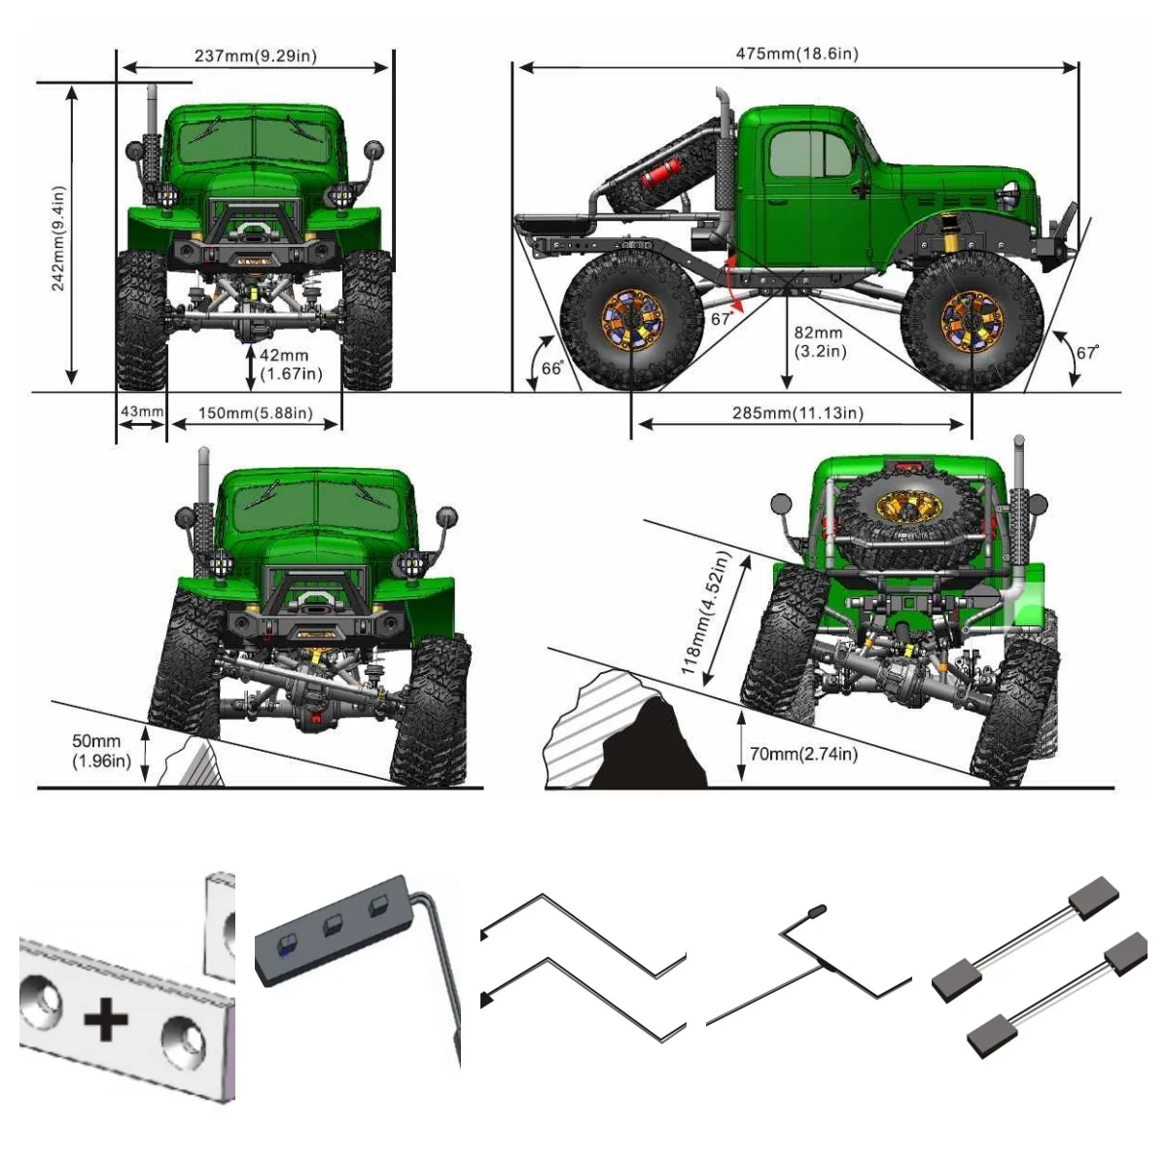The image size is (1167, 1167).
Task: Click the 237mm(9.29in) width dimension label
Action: [x=255, y=55]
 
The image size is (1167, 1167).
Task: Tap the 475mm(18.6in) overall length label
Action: [x=796, y=53]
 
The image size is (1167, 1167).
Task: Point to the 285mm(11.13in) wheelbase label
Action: [x=797, y=413]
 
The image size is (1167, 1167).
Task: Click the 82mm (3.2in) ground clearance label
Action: [x=818, y=341]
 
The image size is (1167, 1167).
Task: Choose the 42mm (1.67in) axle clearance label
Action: [x=291, y=365]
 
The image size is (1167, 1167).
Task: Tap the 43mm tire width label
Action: [x=142, y=411]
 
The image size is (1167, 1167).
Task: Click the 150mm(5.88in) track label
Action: [x=255, y=413]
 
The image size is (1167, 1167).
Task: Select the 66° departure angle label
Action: [x=551, y=369]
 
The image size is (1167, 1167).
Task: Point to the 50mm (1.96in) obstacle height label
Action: [x=100, y=751]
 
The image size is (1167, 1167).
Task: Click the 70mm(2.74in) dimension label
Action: [x=803, y=753]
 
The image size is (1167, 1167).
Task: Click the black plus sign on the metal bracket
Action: [x=105, y=1020]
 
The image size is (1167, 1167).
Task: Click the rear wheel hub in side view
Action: [x=631, y=319]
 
